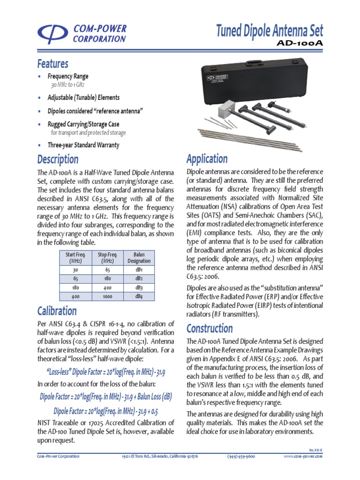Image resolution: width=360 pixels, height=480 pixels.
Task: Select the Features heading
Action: (52, 63)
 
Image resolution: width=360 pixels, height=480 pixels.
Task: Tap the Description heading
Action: (58, 159)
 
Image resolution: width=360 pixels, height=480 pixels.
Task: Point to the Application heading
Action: (207, 158)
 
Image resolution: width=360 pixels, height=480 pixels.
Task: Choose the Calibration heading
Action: (57, 310)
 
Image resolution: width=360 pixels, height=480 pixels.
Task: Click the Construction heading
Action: (210, 328)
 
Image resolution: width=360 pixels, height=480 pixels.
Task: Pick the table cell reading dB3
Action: (139, 287)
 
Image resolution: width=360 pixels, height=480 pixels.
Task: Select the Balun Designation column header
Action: (139, 258)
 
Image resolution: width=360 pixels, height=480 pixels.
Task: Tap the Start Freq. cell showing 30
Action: (75, 270)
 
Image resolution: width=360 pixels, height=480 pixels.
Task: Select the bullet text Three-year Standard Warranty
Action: (83, 145)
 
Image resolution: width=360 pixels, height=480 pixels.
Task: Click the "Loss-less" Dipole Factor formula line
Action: (106, 372)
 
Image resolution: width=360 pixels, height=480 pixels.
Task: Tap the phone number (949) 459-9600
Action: (241, 456)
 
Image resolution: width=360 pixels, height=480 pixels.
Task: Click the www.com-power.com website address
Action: (303, 456)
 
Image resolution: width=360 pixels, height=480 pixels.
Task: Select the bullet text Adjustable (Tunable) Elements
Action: (83, 97)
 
